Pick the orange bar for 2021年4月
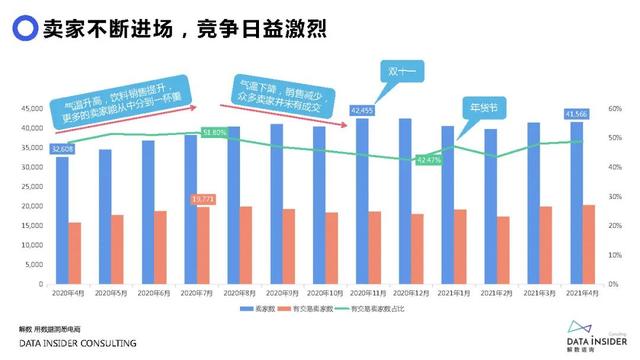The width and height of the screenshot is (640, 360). (x=589, y=244)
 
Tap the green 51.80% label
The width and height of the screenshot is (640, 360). (x=214, y=132)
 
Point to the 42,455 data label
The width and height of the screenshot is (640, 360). (x=362, y=110)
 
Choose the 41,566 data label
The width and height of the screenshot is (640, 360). (x=576, y=115)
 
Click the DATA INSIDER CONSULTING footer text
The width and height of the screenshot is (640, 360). (x=78, y=343)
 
